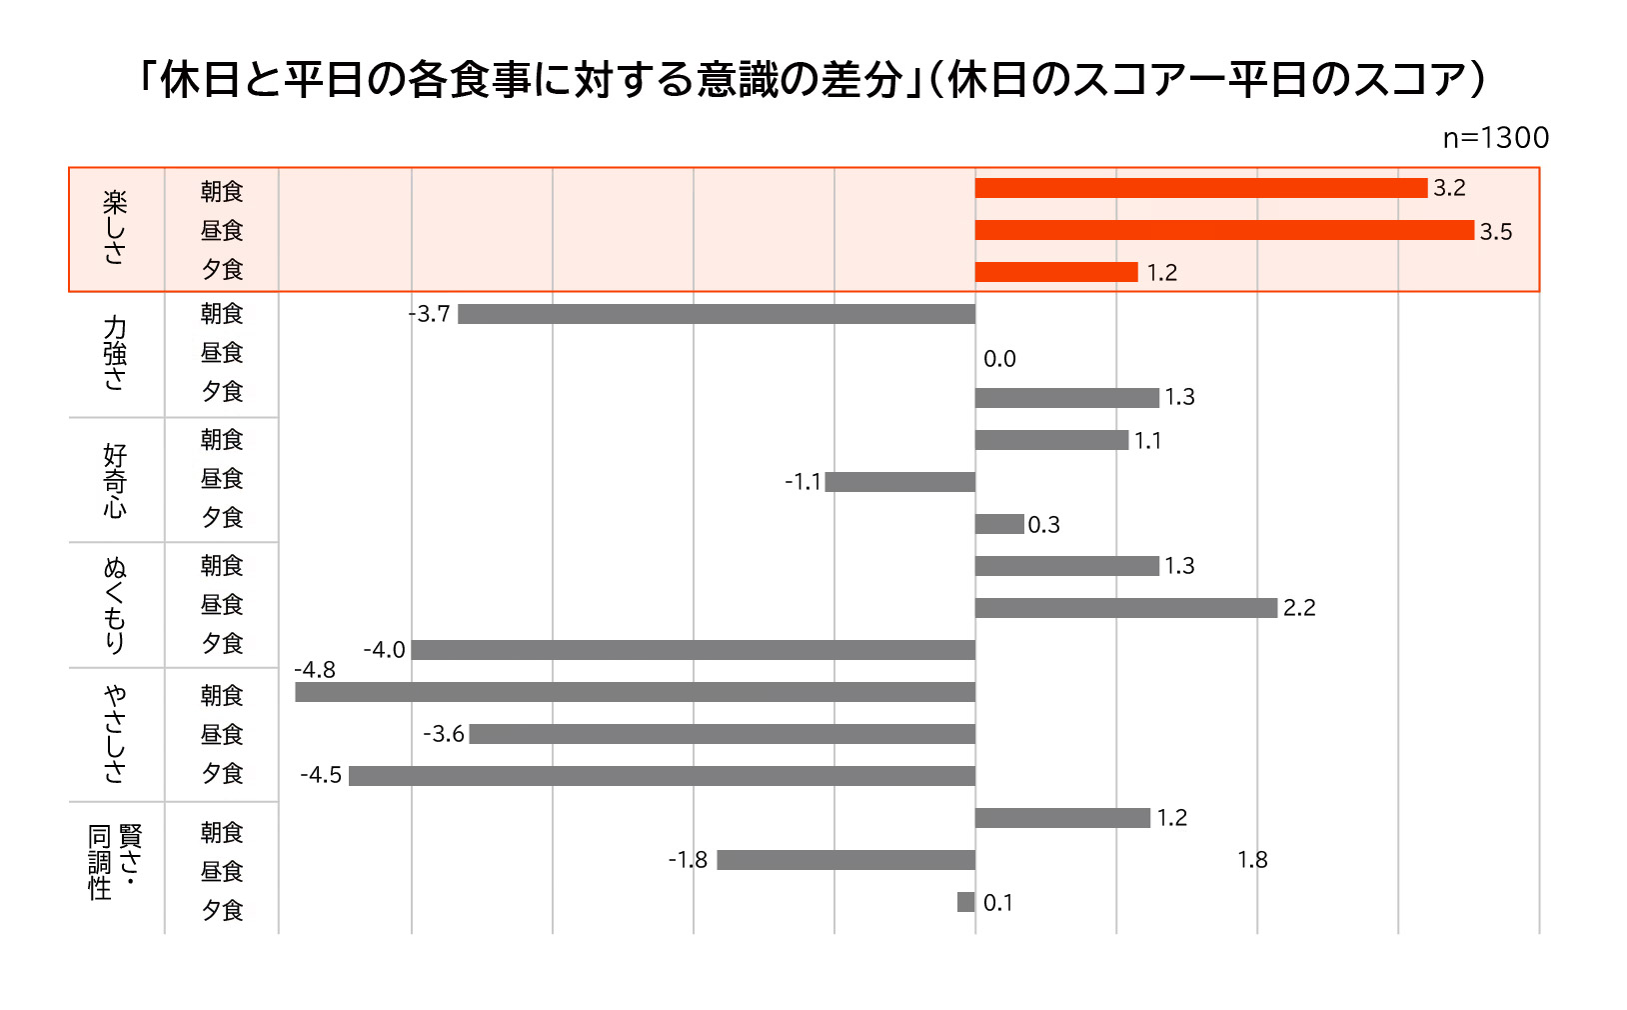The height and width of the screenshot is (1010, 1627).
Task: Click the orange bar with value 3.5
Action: click(x=1224, y=230)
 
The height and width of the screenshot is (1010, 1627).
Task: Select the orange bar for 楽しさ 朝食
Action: click(x=1200, y=188)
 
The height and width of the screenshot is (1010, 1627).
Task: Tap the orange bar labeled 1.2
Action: click(x=1056, y=272)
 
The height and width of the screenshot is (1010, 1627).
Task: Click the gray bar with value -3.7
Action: click(x=716, y=314)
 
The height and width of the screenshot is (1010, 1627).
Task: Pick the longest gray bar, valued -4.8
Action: click(x=635, y=692)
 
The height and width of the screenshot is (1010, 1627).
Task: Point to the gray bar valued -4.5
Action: click(x=662, y=776)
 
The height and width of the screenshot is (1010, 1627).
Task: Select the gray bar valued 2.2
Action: click(x=1126, y=608)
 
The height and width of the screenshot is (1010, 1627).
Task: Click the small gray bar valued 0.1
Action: click(x=965, y=902)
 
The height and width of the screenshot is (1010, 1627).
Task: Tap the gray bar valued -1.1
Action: click(x=899, y=482)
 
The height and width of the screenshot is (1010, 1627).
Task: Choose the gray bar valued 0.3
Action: click(x=999, y=524)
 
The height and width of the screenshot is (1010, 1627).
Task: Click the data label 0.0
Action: click(x=999, y=359)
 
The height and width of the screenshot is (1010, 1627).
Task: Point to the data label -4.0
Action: click(x=384, y=650)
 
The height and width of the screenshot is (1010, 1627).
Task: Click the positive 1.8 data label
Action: click(x=1252, y=860)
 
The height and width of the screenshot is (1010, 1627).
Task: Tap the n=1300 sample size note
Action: click(x=1495, y=138)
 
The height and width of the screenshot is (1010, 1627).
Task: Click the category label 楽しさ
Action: click(x=115, y=228)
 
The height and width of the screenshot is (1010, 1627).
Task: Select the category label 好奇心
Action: click(x=115, y=480)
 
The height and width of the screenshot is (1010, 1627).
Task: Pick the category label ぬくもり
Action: click(x=115, y=605)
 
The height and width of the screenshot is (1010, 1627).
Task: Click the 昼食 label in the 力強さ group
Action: click(x=222, y=353)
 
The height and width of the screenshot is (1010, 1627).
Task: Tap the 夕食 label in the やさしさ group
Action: click(x=222, y=773)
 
